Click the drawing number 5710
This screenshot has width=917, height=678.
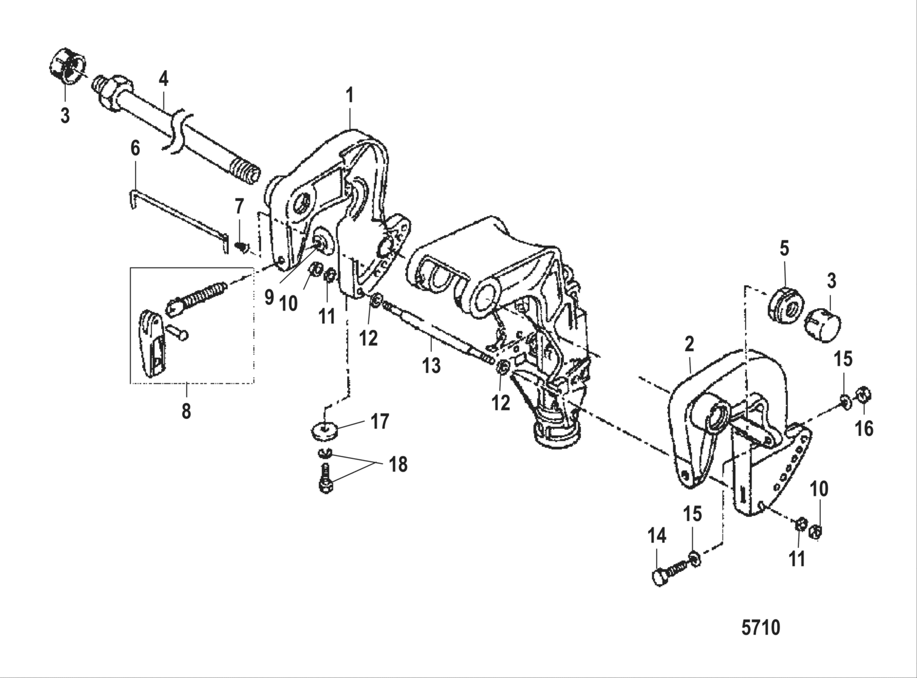(761, 628)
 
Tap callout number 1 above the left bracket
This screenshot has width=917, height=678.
(349, 96)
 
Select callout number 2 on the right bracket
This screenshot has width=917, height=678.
(689, 344)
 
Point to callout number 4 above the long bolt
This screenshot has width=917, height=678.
(163, 78)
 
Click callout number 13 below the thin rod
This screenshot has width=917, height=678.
(431, 365)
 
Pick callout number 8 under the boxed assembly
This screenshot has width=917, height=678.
(186, 411)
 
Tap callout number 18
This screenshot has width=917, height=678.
(398, 464)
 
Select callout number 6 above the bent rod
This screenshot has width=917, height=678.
(134, 148)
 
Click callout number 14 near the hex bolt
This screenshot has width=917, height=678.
(657, 536)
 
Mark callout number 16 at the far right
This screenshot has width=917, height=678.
(864, 428)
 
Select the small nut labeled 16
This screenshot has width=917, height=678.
(864, 396)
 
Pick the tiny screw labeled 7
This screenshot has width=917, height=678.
(242, 246)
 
